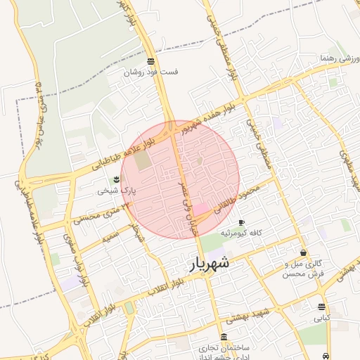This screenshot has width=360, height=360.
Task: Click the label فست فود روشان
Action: [x=152, y=72]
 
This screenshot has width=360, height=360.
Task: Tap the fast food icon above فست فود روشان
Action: [x=151, y=61]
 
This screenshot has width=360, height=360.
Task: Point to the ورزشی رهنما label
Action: [x=338, y=58]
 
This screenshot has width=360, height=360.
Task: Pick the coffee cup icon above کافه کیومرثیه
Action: [x=241, y=222]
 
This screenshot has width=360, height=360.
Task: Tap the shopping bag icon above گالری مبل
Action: [x=303, y=252]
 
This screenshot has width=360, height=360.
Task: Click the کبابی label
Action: [x=322, y=317]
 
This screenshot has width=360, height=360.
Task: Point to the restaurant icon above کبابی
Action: [x=321, y=307]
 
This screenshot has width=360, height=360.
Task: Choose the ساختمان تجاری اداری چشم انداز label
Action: [x=224, y=351]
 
